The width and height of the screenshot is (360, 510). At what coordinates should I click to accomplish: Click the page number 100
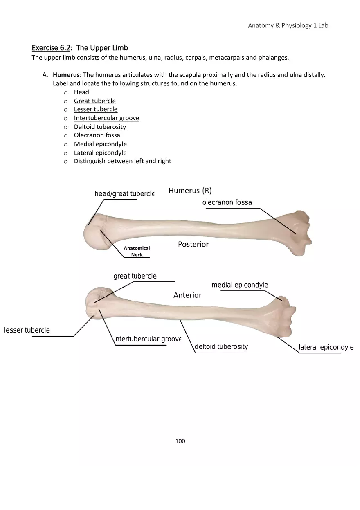pyautogui.click(x=180, y=441)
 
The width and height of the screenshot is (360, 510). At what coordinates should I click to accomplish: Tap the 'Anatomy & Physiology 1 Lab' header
pyautogui.click(x=288, y=25)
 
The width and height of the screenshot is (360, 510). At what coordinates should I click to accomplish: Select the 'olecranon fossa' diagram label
pyautogui.click(x=227, y=202)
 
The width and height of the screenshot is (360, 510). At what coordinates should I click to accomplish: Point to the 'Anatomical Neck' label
pyautogui.click(x=137, y=252)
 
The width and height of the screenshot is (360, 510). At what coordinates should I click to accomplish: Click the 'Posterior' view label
pyautogui.click(x=193, y=244)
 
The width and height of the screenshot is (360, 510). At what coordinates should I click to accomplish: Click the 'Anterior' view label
pyautogui.click(x=187, y=295)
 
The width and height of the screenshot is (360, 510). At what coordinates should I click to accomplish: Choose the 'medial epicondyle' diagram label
pyautogui.click(x=240, y=285)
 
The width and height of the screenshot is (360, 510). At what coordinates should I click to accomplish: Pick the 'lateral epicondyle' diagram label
pyautogui.click(x=326, y=347)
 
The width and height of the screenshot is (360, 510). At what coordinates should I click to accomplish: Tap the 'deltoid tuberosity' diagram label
pyautogui.click(x=221, y=347)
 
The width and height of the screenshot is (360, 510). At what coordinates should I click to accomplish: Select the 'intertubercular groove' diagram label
pyautogui.click(x=148, y=339)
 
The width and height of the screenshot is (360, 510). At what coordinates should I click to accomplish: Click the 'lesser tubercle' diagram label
pyautogui.click(x=27, y=330)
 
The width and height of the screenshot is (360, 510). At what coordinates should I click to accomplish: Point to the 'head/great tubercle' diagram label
pyautogui.click(x=124, y=193)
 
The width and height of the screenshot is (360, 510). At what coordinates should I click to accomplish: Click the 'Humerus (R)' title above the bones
pyautogui.click(x=190, y=191)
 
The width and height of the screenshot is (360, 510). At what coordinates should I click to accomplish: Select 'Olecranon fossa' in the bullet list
pyautogui.click(x=97, y=135)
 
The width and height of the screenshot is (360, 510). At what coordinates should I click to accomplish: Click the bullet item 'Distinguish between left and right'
pyautogui.click(x=122, y=161)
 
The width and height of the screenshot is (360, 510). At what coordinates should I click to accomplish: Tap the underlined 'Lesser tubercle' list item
pyautogui.click(x=95, y=109)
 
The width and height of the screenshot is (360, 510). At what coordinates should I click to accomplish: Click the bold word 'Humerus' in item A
pyautogui.click(x=66, y=75)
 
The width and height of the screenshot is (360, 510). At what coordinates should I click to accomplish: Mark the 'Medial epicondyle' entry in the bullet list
pyautogui.click(x=100, y=144)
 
